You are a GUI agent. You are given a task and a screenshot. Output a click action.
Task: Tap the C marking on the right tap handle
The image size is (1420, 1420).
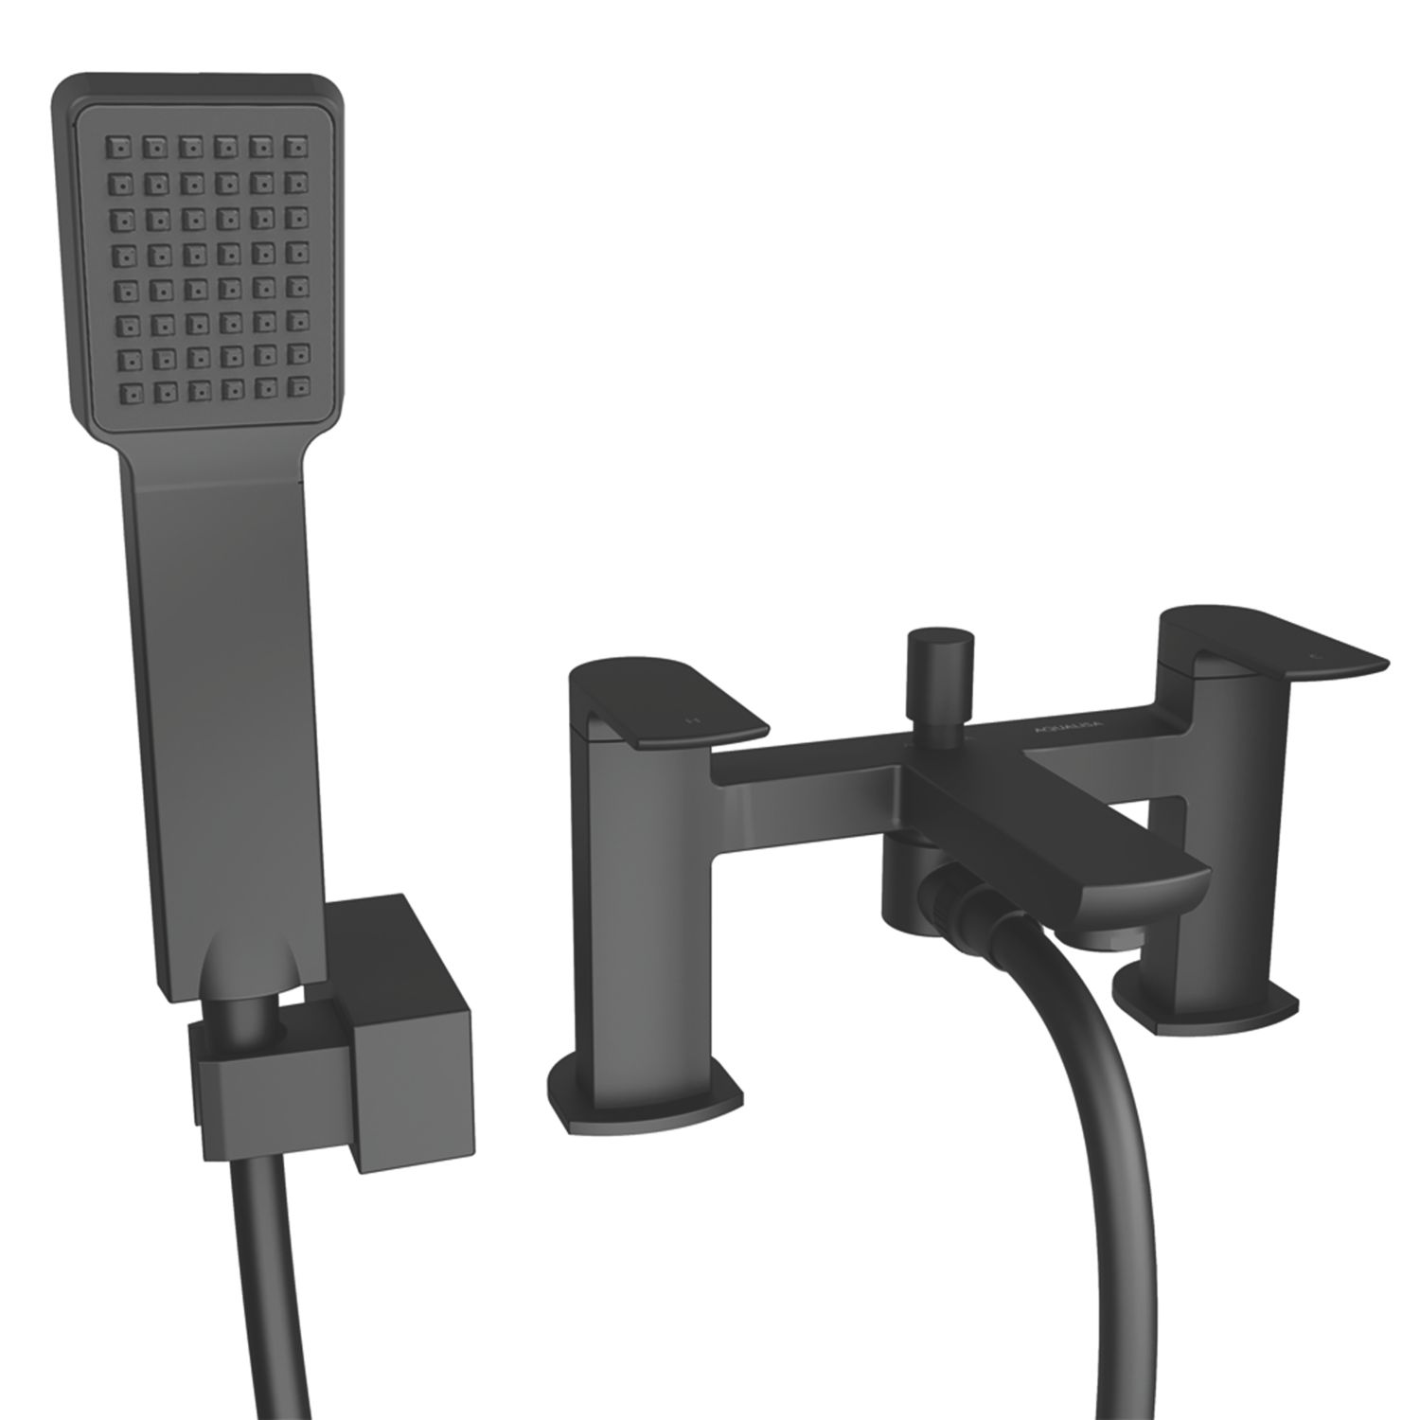(1310, 654)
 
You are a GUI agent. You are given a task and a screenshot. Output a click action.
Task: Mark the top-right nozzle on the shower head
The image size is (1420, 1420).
(301, 146)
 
